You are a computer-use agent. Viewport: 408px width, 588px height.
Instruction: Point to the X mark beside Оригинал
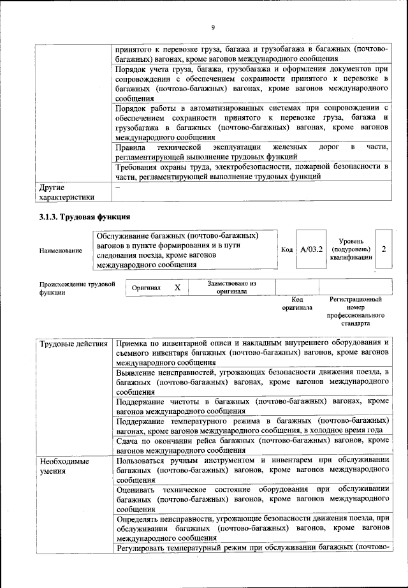[177, 288]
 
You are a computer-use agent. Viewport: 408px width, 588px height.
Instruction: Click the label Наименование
[61, 251]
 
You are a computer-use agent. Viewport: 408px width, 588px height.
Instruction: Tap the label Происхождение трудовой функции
[76, 288]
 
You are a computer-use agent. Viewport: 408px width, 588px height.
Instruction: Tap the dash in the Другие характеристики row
[117, 187]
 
